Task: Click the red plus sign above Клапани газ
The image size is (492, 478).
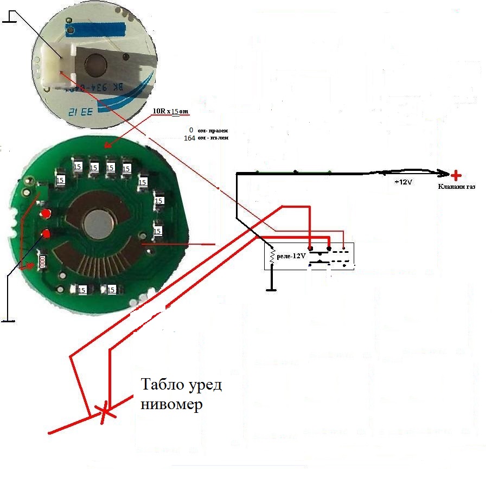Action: click(x=456, y=175)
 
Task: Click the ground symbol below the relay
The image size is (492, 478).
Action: click(x=272, y=289)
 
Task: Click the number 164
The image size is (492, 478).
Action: click(x=190, y=138)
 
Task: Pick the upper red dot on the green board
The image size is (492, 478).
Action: click(x=47, y=213)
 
